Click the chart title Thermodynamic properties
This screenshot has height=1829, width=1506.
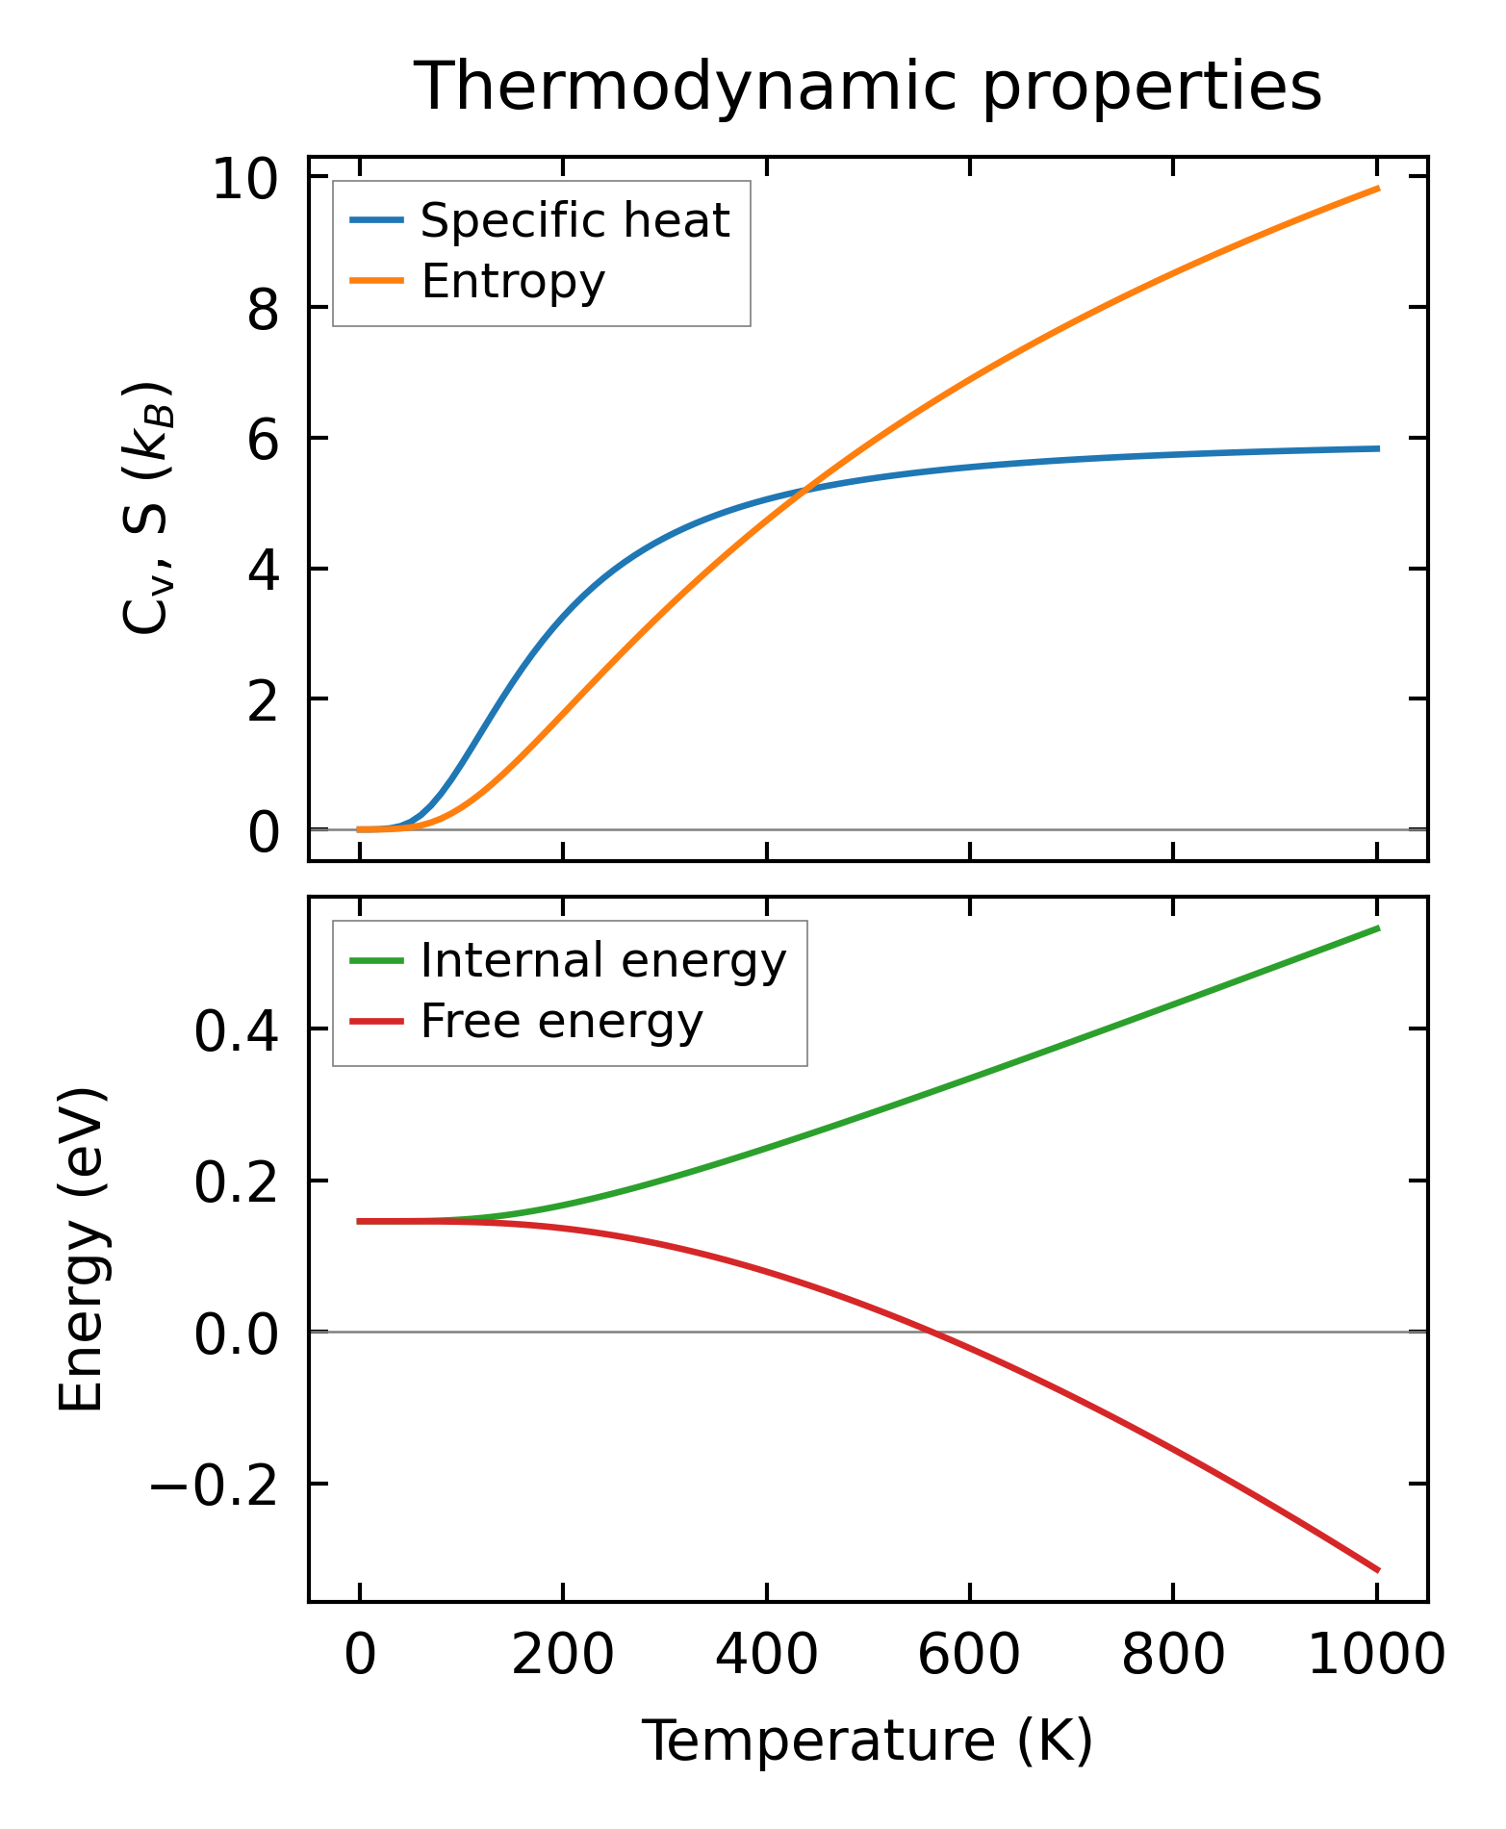pyautogui.click(x=867, y=87)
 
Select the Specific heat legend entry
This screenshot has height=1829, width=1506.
pyautogui.click(x=574, y=220)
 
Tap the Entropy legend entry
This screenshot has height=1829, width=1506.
pyautogui.click(x=513, y=282)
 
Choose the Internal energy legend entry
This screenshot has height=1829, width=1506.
pyautogui.click(x=603, y=960)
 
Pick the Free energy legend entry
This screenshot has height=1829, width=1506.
pyautogui.click(x=561, y=1021)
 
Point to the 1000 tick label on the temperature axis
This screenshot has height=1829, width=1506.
pyautogui.click(x=1376, y=1656)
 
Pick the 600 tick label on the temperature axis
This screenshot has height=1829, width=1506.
pyautogui.click(x=969, y=1656)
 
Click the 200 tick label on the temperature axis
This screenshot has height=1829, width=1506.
pyautogui.click(x=563, y=1656)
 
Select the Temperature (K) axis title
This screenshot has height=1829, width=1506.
pyautogui.click(x=867, y=1740)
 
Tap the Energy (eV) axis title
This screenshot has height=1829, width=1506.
pyautogui.click(x=81, y=1250)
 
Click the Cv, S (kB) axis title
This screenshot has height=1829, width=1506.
pyautogui.click(x=146, y=508)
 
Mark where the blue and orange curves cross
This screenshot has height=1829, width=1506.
pyautogui.click(x=804, y=489)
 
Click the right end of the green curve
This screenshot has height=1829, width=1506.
pyautogui.click(x=1378, y=927)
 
